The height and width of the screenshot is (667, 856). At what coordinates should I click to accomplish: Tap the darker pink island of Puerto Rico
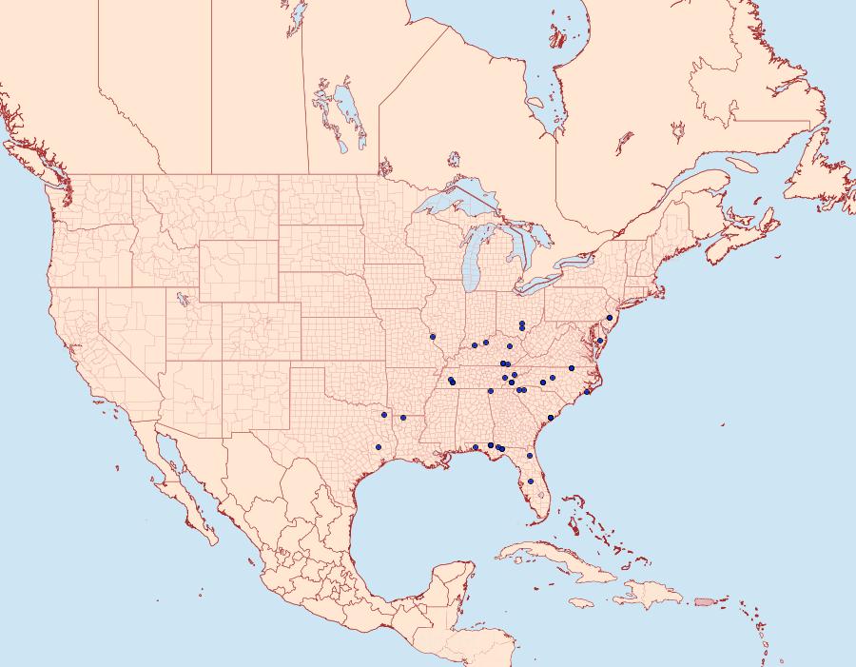pos(704,600)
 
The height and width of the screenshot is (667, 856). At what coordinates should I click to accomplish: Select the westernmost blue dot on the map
pos(384,415)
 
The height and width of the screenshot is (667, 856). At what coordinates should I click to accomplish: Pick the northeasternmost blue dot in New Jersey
pos(609,318)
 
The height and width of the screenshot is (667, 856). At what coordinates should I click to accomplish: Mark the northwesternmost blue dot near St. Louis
pos(433,336)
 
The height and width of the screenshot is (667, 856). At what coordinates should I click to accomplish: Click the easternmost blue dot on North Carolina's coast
pos(588,391)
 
